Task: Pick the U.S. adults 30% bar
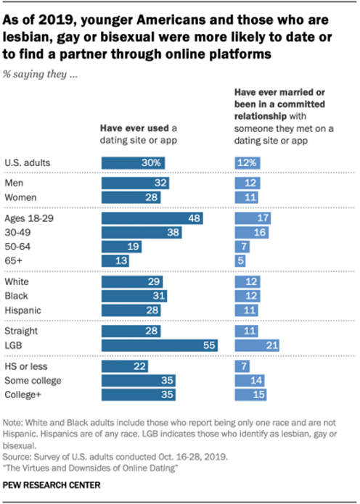pyautogui.click(x=134, y=162)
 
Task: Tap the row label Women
pyautogui.click(x=20, y=197)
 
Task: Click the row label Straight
pyautogui.click(x=22, y=331)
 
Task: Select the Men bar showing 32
pyautogui.click(x=136, y=184)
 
